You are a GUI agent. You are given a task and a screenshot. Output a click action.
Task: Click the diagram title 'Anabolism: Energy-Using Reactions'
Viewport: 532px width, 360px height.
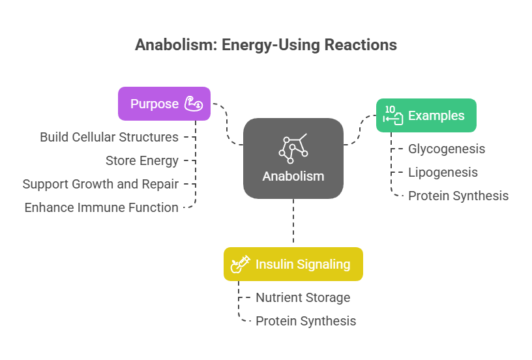[266, 45]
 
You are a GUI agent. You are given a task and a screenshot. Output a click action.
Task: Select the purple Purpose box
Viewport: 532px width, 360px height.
[164, 104]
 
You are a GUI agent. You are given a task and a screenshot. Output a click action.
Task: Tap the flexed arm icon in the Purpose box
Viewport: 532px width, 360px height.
[194, 104]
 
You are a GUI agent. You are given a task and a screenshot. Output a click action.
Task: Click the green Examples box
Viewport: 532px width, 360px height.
[426, 115]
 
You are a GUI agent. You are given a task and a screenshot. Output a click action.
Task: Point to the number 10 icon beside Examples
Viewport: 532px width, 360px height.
[393, 115]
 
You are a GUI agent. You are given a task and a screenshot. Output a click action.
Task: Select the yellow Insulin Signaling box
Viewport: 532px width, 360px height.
[293, 264]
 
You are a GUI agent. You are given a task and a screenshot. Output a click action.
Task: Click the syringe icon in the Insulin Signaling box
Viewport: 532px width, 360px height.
[240, 264]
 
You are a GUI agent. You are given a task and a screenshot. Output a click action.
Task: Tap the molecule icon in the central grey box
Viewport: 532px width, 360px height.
[293, 148]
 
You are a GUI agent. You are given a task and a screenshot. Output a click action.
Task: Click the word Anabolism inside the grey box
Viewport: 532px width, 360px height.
[293, 177]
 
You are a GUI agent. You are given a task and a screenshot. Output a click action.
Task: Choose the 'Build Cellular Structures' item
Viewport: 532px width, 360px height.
[110, 137]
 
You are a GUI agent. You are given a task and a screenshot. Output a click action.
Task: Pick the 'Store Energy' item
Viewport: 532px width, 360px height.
[142, 160]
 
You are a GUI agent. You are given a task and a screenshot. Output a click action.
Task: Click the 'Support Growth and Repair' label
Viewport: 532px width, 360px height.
[101, 184]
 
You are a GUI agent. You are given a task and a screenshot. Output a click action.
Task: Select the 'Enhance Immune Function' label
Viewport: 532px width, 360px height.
[102, 207]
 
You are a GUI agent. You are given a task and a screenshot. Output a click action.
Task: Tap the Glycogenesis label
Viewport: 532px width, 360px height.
[447, 149]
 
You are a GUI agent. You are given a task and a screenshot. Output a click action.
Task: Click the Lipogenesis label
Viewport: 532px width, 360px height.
[443, 172]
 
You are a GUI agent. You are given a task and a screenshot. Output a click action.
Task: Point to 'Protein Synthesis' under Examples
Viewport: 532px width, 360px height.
[458, 196]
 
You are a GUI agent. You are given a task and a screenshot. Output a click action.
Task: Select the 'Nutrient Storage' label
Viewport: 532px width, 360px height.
[303, 297]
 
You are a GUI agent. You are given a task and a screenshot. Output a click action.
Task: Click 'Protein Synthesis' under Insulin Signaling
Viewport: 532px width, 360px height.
[306, 321]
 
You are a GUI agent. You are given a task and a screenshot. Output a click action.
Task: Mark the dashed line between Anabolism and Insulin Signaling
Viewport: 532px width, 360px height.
[293, 221]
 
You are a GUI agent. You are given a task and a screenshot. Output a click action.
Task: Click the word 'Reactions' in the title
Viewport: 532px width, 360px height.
[361, 45]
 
